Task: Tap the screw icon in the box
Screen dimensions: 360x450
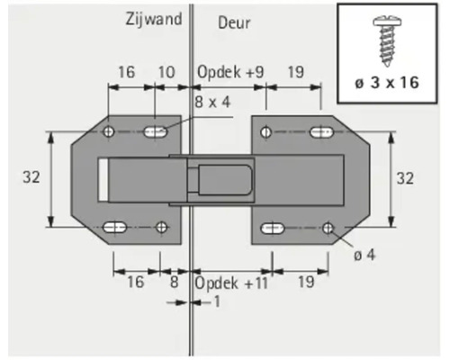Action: click(391, 40)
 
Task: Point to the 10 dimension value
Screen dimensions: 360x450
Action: click(166, 70)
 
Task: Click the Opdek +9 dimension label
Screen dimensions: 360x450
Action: click(229, 70)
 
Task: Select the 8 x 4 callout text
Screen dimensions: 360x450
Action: click(211, 102)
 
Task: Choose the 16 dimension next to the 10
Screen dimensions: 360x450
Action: click(125, 70)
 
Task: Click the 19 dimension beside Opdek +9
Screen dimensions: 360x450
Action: click(298, 70)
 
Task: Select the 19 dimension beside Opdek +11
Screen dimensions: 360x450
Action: click(302, 282)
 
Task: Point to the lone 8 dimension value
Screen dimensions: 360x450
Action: click(174, 282)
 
